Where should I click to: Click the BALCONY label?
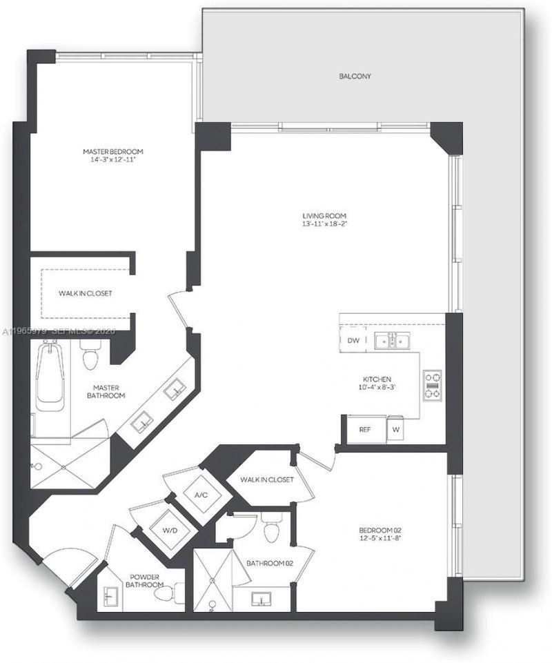click(355, 77)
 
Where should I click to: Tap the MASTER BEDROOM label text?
click(113, 151)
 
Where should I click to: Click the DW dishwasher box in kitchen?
click(353, 340)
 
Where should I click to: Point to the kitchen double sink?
click(392, 340)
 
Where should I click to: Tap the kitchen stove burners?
click(433, 385)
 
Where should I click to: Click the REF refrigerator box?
click(365, 429)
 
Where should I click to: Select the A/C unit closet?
click(201, 494)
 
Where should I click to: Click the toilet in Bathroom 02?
click(272, 528)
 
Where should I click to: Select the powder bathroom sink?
click(110, 595)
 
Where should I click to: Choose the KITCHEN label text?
click(377, 379)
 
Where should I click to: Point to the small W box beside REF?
click(395, 429)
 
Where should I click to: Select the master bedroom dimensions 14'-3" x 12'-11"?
click(113, 160)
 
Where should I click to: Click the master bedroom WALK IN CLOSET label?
click(85, 293)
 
